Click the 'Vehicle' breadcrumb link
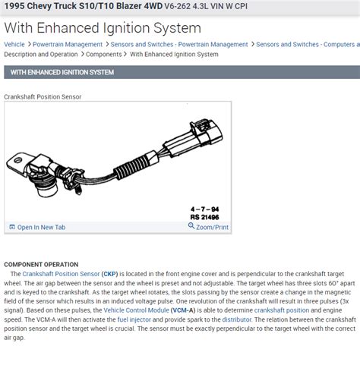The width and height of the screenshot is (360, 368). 14,44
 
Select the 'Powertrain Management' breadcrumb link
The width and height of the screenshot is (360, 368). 68,44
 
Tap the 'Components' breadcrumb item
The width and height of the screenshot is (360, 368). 104,55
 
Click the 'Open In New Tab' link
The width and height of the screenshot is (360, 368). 41,227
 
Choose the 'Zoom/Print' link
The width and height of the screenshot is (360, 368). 212,227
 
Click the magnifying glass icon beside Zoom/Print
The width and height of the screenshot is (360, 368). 191,225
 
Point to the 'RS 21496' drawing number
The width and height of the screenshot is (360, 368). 204,217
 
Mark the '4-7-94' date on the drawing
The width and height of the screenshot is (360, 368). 205,209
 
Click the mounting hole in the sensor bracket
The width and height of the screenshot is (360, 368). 17,160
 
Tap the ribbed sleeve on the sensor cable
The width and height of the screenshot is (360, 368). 131,167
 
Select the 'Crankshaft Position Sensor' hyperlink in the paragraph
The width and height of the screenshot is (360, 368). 61,274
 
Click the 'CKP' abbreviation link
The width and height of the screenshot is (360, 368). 109,274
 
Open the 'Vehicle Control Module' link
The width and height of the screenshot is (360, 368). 136,310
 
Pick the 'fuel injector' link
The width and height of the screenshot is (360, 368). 134,319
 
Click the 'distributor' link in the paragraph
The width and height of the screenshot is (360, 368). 237,319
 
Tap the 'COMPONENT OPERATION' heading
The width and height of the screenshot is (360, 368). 41,265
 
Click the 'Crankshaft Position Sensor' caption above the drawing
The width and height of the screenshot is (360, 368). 43,96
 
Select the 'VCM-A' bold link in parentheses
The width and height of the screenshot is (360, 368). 183,310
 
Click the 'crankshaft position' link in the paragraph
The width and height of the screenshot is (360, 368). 282,310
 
